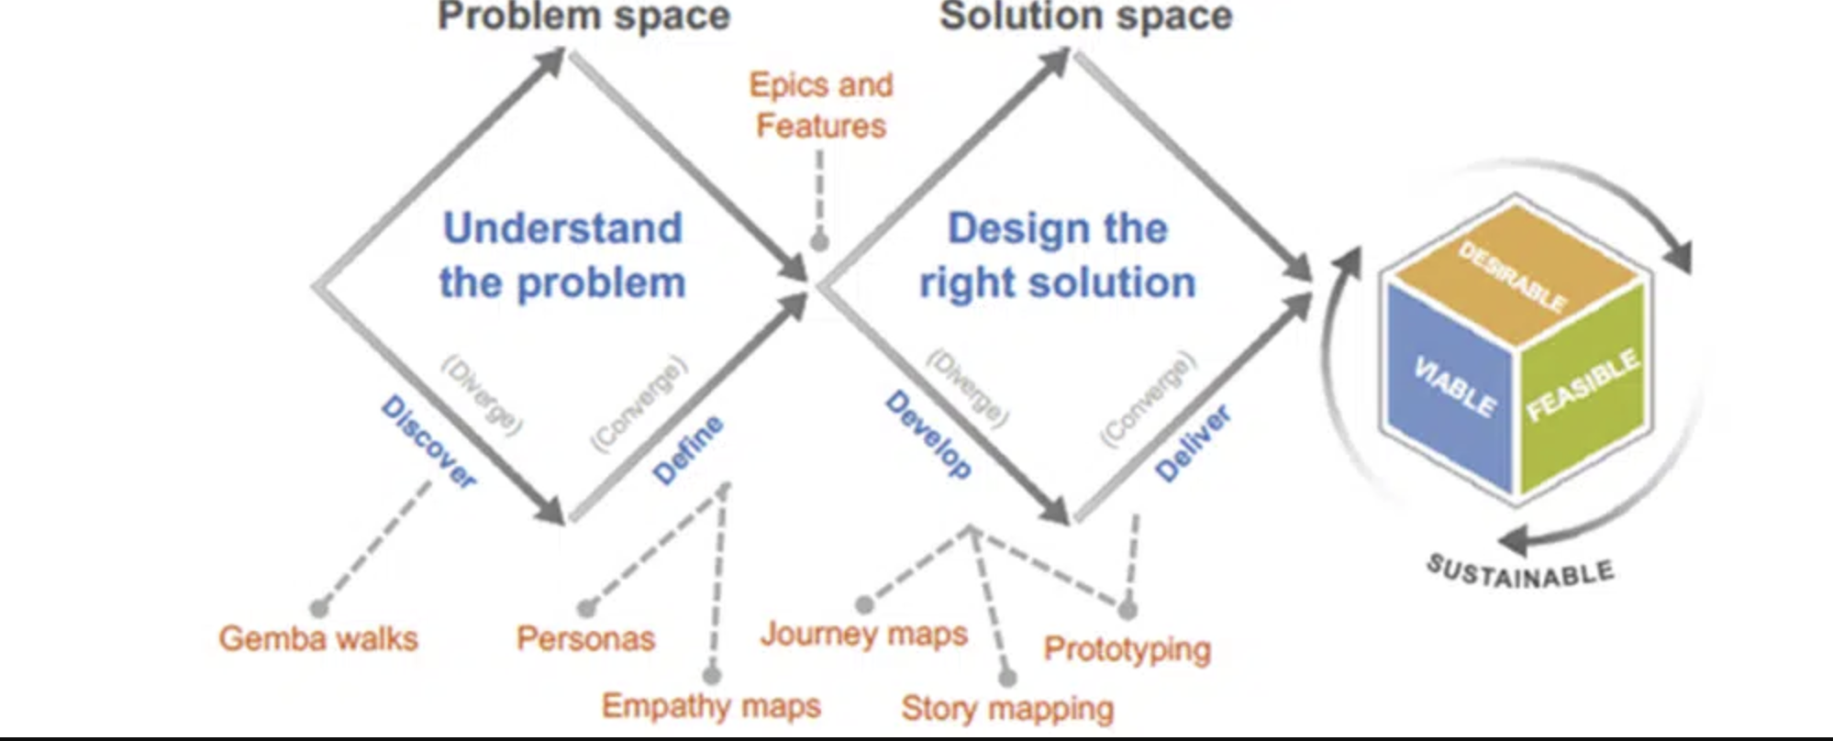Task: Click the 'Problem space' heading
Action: [583, 17]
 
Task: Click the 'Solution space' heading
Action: [1085, 17]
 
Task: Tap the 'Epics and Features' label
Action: [821, 105]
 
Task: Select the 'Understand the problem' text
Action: [562, 255]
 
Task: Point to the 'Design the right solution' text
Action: [1058, 255]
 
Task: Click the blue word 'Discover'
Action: [428, 441]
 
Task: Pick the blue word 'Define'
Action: [687, 449]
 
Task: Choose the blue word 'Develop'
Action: [928, 434]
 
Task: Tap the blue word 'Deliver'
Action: [1192, 444]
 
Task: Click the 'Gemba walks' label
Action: [318, 638]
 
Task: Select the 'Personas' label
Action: [585, 638]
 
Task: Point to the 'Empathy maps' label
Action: [711, 706]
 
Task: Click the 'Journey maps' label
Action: [864, 634]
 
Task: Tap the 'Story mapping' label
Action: [1007, 708]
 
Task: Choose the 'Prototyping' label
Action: [1127, 649]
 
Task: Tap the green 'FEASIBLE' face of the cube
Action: [1583, 385]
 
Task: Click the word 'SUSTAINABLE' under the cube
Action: [1520, 573]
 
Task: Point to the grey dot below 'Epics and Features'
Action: [819, 242]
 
